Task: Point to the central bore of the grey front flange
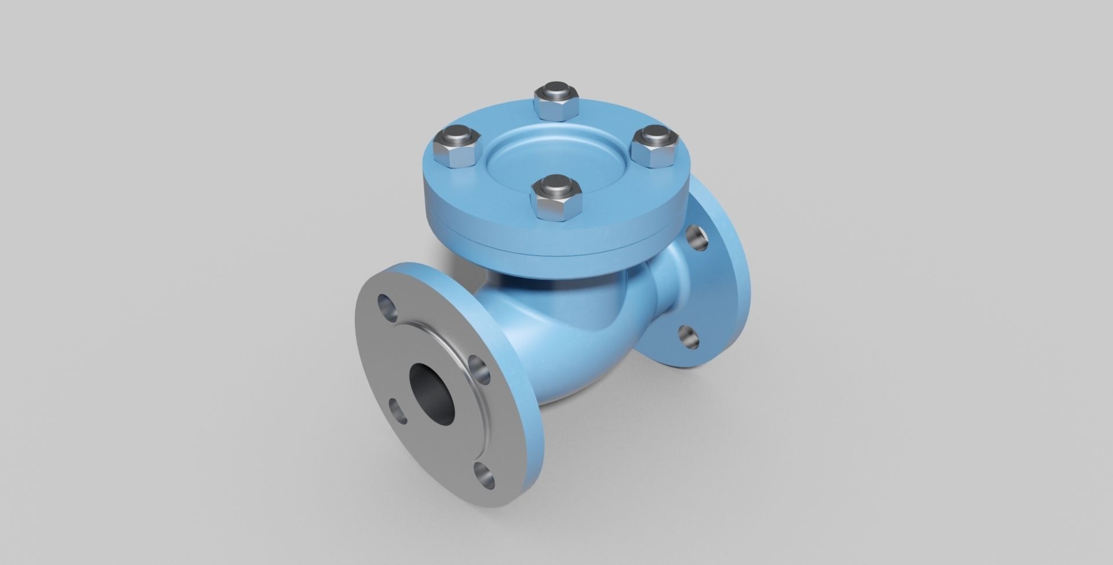(432, 393)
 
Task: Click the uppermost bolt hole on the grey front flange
(387, 307)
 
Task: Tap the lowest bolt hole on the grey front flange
(485, 475)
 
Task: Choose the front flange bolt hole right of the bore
(479, 370)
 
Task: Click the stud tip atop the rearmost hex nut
(556, 93)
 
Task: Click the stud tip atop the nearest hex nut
(555, 187)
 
